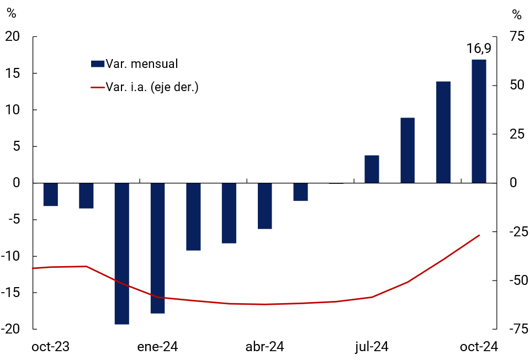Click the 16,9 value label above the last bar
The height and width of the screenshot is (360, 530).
[479, 49]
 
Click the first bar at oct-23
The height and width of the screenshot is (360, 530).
[51, 194]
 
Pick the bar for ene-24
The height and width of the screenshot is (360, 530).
[157, 248]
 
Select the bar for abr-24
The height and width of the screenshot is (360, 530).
[265, 205]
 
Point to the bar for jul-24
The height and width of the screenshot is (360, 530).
[372, 169]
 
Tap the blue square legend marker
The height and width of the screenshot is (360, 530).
[97, 63]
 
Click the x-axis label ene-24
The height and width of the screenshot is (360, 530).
[157, 347]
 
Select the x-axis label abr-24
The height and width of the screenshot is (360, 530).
[265, 347]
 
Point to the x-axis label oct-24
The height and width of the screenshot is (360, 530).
[479, 347]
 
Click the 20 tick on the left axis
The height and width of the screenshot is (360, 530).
[13, 36]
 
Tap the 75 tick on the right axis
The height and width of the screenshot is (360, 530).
[516, 36]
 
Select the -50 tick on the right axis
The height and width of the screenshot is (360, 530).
[514, 280]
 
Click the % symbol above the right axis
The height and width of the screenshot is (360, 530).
[517, 14]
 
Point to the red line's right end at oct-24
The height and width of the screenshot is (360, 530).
[479, 235]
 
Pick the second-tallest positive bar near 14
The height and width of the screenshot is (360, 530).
[443, 132]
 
